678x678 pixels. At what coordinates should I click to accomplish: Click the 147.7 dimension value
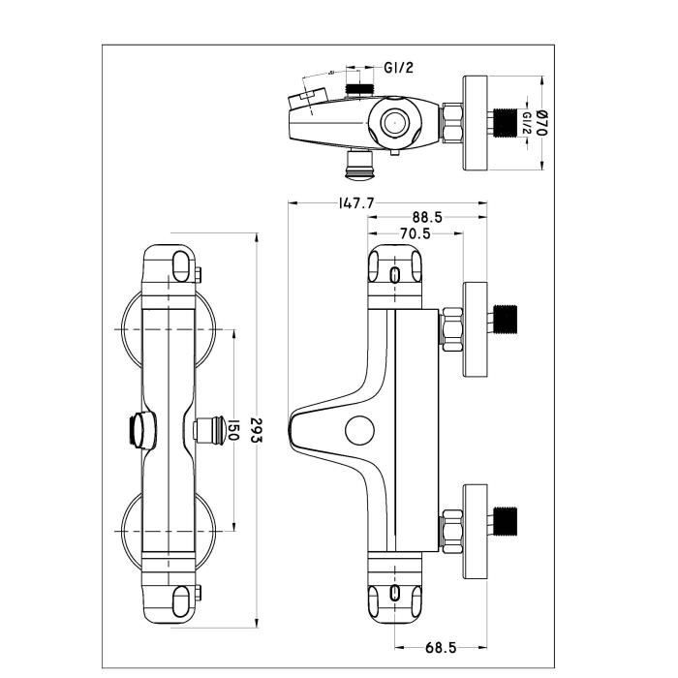[356, 203]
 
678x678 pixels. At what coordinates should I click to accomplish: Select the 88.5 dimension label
[425, 219]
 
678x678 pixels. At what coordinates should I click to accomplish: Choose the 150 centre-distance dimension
[231, 429]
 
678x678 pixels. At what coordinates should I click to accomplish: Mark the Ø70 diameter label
[541, 121]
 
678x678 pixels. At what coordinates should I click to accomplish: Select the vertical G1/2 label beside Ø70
[526, 124]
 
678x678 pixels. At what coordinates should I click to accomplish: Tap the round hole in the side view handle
[362, 429]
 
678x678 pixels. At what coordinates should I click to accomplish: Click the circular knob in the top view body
[395, 122]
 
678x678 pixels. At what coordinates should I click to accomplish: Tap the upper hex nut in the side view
[450, 329]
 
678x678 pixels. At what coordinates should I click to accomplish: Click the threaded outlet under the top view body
[360, 166]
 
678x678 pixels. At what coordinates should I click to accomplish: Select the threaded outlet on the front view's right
[205, 429]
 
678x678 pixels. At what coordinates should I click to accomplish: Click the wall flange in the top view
[476, 123]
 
